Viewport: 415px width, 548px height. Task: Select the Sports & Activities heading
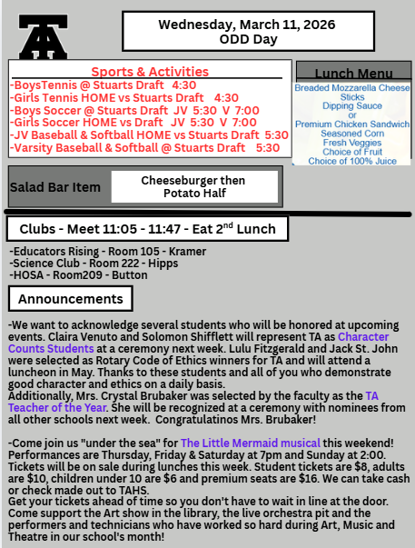click(x=150, y=72)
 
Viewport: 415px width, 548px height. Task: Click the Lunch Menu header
click(x=351, y=74)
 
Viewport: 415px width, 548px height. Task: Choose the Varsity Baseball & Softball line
click(x=145, y=147)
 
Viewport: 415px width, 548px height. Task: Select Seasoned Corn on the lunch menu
click(x=351, y=133)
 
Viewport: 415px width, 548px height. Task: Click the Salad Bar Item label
click(x=55, y=187)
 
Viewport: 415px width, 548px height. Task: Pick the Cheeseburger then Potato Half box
click(x=193, y=187)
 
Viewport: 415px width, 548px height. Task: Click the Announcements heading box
click(x=71, y=299)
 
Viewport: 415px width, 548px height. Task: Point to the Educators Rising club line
click(x=82, y=250)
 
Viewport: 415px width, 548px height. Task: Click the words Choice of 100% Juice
click(x=351, y=161)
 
